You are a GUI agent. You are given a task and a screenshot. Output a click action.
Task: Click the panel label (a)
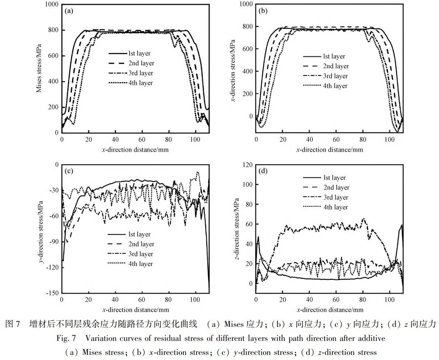[x=69, y=11]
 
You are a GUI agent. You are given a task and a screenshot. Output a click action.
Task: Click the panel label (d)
[x=264, y=171]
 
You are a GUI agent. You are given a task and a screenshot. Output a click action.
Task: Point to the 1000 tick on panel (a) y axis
[x=51, y=4]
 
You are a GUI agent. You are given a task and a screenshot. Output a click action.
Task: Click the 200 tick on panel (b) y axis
[x=248, y=94]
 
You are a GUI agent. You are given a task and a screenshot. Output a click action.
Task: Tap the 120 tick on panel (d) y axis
[x=248, y=165]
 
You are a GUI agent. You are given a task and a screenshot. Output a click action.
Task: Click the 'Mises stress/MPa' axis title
[x=39, y=68]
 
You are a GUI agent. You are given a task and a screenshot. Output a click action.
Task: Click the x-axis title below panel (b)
[x=329, y=150]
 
